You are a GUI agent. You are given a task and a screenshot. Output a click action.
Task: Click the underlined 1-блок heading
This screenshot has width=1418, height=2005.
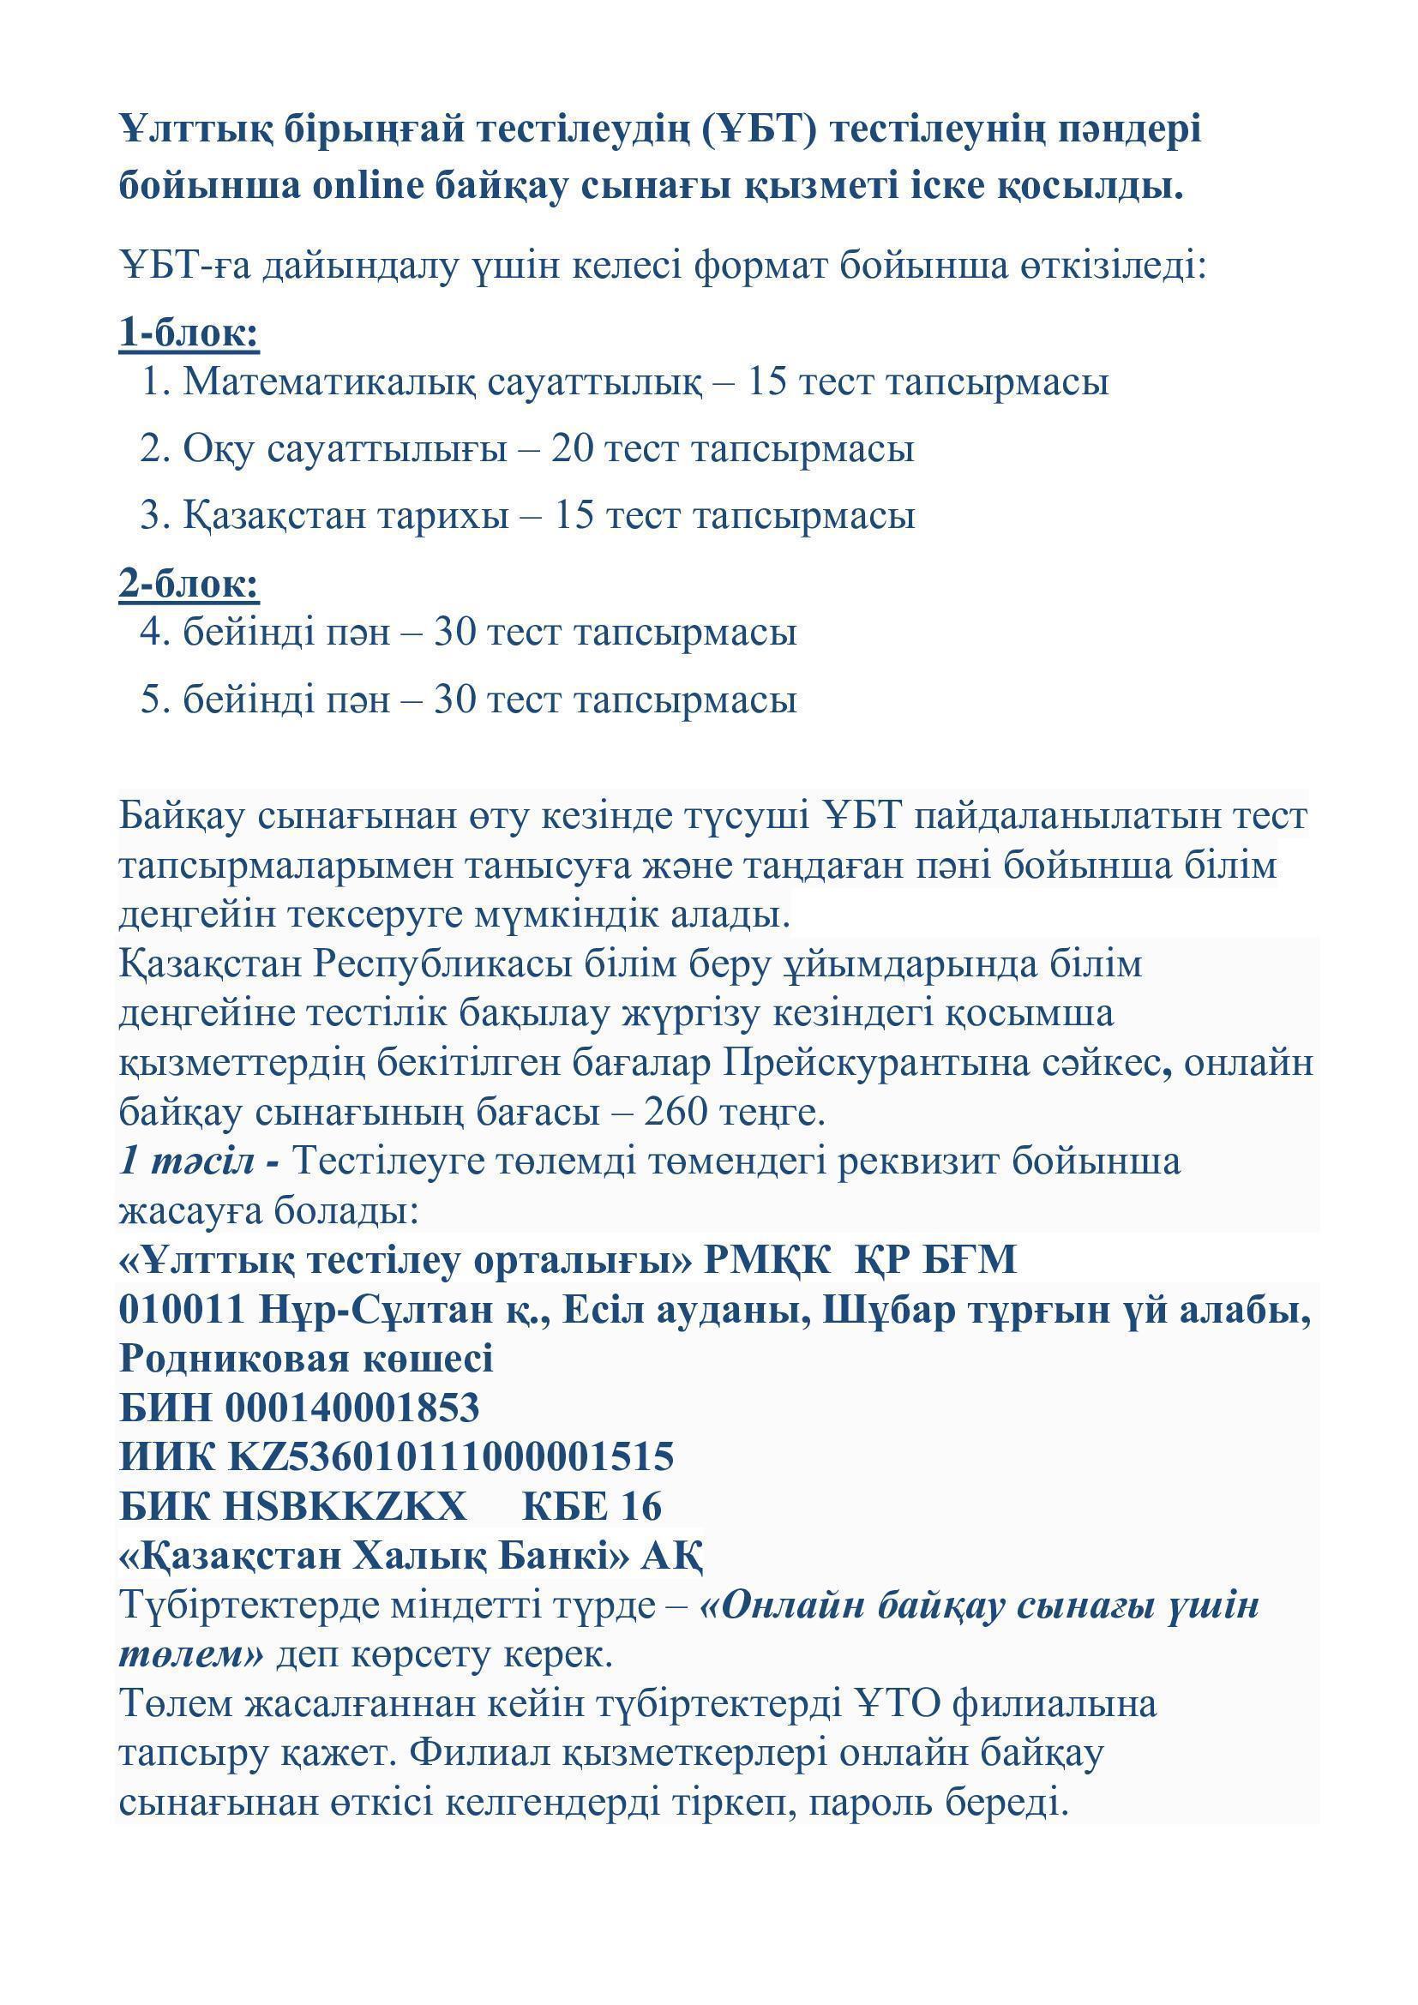tap(189, 333)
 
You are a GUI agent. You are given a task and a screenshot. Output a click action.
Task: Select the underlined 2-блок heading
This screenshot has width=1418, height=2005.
tap(189, 584)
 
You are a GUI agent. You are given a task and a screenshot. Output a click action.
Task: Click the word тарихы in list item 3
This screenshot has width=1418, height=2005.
tap(442, 515)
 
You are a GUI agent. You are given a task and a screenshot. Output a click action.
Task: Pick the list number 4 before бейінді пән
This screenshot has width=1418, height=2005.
tap(153, 632)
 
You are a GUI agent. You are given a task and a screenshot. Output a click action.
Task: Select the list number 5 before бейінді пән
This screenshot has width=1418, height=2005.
tap(153, 699)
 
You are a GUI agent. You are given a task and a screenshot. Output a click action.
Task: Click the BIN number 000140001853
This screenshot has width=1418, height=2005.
tap(352, 1408)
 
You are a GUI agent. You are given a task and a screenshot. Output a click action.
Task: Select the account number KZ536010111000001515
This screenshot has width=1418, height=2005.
tap(451, 1456)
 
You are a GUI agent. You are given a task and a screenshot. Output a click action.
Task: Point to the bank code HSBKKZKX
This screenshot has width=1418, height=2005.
tap(345, 1505)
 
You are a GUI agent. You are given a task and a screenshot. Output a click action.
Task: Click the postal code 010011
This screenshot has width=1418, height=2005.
tap(182, 1310)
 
